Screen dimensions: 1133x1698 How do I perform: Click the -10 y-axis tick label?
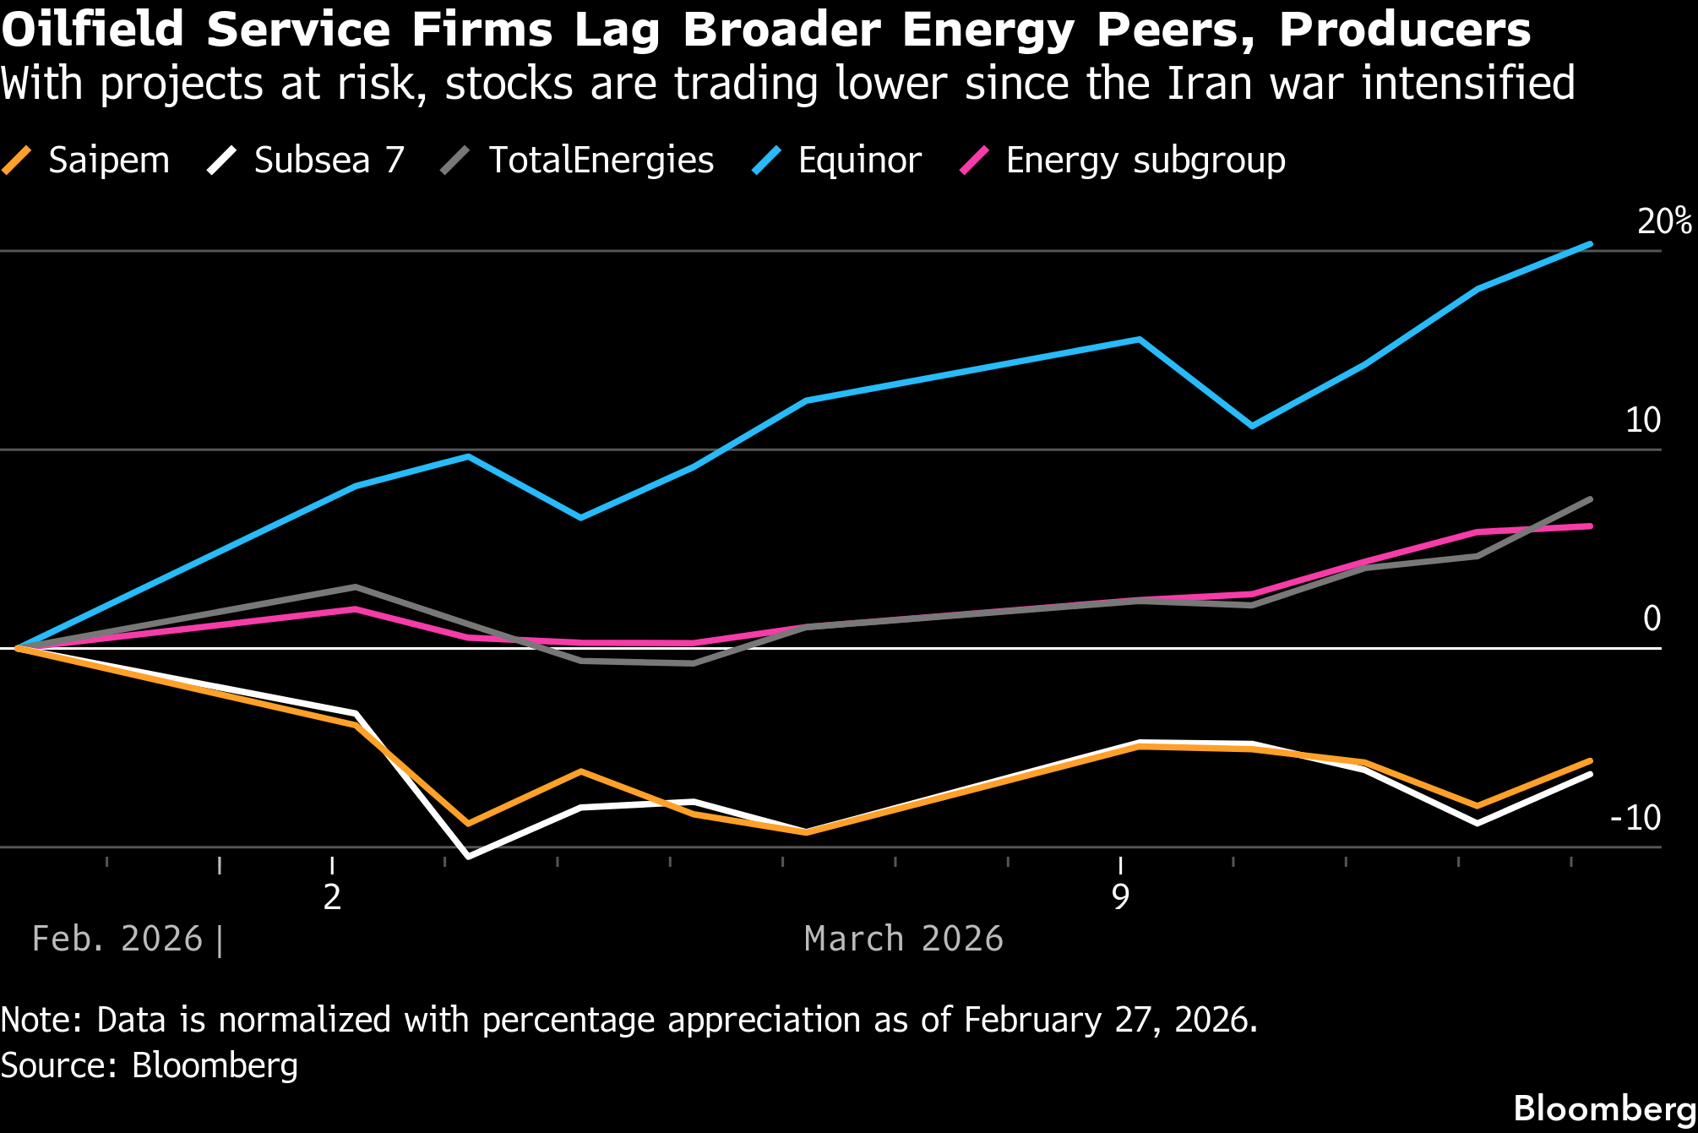[x=1635, y=818]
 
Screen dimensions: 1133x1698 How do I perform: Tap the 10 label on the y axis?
[x=1643, y=420]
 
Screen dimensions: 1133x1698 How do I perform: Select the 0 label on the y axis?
[x=1652, y=618]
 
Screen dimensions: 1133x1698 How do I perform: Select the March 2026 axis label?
[x=903, y=939]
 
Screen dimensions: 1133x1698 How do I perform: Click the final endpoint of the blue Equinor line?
[x=1591, y=244]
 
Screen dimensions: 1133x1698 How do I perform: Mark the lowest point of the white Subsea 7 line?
[x=469, y=857]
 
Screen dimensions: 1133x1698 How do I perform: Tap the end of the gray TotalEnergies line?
[x=1591, y=499]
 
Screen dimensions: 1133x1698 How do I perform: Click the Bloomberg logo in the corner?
[x=1604, y=1108]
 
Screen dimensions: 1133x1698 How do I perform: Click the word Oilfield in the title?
[x=92, y=30]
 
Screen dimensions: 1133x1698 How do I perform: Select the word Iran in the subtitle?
[x=1205, y=84]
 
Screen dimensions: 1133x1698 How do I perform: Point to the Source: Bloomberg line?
[x=150, y=1065]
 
